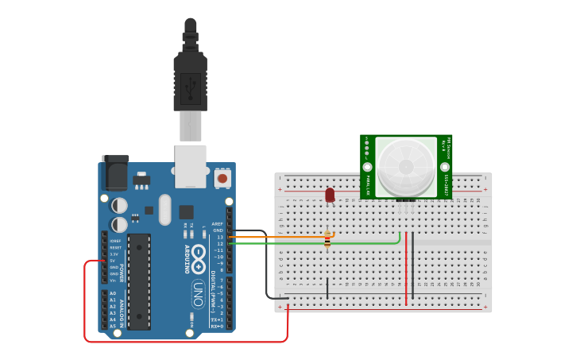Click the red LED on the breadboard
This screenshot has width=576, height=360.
pyautogui.click(x=330, y=193)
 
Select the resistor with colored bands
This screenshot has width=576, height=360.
pyautogui.click(x=328, y=239)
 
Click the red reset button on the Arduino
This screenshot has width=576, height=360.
pyautogui.click(x=222, y=178)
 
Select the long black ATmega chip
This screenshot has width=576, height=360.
pyautogui.click(x=139, y=281)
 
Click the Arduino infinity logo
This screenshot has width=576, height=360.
pyautogui.click(x=198, y=262)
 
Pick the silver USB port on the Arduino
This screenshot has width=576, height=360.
pyautogui.click(x=191, y=165)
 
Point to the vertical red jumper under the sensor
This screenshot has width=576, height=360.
pyautogui.click(x=406, y=269)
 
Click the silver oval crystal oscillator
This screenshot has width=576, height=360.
pyautogui.click(x=164, y=210)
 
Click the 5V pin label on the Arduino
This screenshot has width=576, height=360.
pyautogui.click(x=114, y=261)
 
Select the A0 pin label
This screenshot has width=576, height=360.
pyautogui.click(x=113, y=293)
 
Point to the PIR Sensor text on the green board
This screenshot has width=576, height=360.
pyautogui.click(x=446, y=148)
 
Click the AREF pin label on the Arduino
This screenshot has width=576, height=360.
pyautogui.click(x=217, y=224)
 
